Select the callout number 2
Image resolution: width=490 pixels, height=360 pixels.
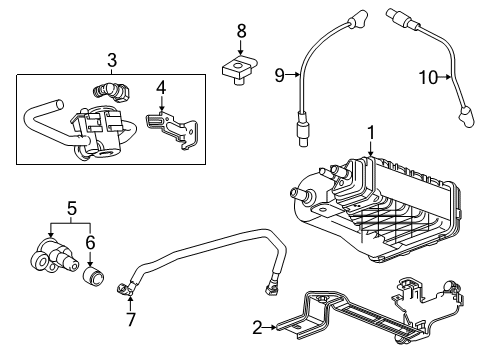(257, 326)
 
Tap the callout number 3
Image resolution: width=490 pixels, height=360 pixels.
(113, 60)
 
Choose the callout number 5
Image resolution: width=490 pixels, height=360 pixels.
(71, 210)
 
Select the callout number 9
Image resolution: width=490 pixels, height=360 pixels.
(280, 72)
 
